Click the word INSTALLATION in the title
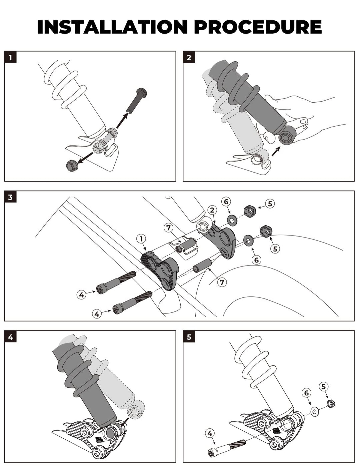[112, 27]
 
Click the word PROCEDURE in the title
[258, 27]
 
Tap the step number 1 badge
[10, 57]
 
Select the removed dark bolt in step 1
[137, 101]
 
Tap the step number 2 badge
[189, 57]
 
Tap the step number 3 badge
[10, 197]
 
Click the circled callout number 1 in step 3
[141, 239]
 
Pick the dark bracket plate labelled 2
[223, 240]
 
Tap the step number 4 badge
[10, 337]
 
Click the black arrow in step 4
[124, 423]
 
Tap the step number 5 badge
[189, 337]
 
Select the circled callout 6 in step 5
[307, 393]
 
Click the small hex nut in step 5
[331, 404]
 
